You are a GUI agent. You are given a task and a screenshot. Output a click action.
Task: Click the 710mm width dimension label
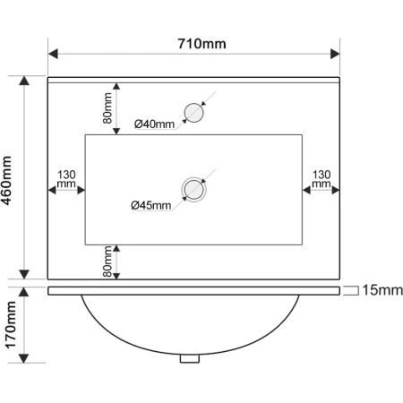coord(201,44)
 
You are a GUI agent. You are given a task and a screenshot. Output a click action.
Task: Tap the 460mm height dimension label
coord(6,181)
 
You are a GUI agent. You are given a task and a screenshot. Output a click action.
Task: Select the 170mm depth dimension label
coord(11,325)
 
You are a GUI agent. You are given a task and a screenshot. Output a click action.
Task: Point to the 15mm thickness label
coord(382,290)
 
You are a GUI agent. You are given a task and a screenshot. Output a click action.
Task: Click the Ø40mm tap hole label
coord(154,124)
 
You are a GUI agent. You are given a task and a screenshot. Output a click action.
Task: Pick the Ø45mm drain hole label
coord(151,205)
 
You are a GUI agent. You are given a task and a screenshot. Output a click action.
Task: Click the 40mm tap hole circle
coord(193,113)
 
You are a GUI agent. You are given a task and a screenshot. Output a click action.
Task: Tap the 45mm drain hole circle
coord(193,190)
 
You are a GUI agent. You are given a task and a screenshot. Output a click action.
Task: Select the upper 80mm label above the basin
coord(107,107)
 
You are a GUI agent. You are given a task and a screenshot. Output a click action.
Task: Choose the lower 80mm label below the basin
coord(107,262)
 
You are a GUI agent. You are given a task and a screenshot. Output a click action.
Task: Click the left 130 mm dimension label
coord(66,179)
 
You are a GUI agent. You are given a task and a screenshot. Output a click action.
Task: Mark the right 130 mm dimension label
coord(322,179)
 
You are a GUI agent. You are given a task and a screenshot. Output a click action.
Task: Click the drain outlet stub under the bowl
coord(190,358)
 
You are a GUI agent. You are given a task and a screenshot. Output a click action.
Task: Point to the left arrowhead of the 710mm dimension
coord(53,55)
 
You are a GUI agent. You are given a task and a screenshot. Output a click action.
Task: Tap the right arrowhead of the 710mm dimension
coord(335,55)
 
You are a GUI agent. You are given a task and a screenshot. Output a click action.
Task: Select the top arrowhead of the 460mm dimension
coord(24,81)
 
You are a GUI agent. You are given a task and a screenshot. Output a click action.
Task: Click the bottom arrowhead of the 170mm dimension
coord(24,358)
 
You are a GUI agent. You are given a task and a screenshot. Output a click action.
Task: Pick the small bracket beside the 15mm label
coord(351,291)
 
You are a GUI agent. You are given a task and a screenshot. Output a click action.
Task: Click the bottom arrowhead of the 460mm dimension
coord(24,274)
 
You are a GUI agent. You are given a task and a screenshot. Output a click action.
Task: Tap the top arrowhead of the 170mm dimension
coord(24,292)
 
